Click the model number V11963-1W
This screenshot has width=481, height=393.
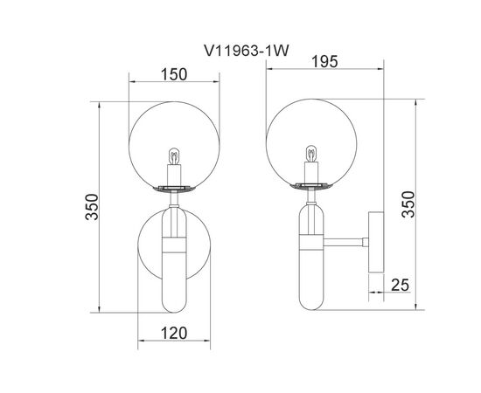point(247,51)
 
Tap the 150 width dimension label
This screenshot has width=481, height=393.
point(174,74)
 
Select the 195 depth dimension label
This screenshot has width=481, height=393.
point(324,61)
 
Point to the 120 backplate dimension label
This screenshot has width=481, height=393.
point(174,333)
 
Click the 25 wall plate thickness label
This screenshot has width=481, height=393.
point(400,285)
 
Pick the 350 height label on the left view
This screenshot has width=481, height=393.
point(92,207)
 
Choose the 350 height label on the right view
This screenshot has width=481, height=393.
point(408,204)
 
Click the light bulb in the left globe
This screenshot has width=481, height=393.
point(174,156)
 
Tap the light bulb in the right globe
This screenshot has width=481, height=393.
point(311,154)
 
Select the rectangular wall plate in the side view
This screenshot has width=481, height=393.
point(376,242)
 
